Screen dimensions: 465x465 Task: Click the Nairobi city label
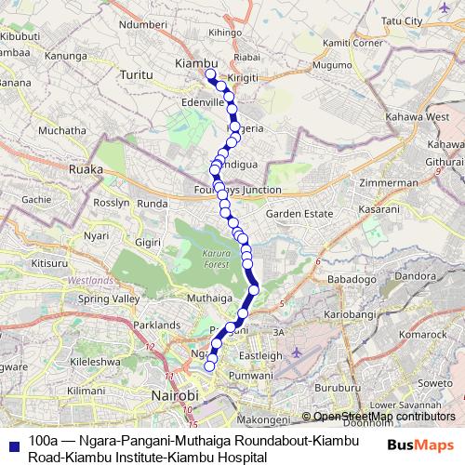pyautogui.click(x=174, y=396)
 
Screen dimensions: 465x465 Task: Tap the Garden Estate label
pyautogui.click(x=299, y=215)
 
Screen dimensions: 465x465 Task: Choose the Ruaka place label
pyautogui.click(x=85, y=170)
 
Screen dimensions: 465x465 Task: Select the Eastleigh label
pyautogui.click(x=261, y=355)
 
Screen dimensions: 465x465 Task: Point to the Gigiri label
pyautogui.click(x=150, y=242)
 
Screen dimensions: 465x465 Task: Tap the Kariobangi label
pyautogui.click(x=345, y=315)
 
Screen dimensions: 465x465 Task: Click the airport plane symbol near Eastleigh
pyautogui.click(x=296, y=353)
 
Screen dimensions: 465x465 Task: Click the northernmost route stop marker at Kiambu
pyautogui.click(x=210, y=74)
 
